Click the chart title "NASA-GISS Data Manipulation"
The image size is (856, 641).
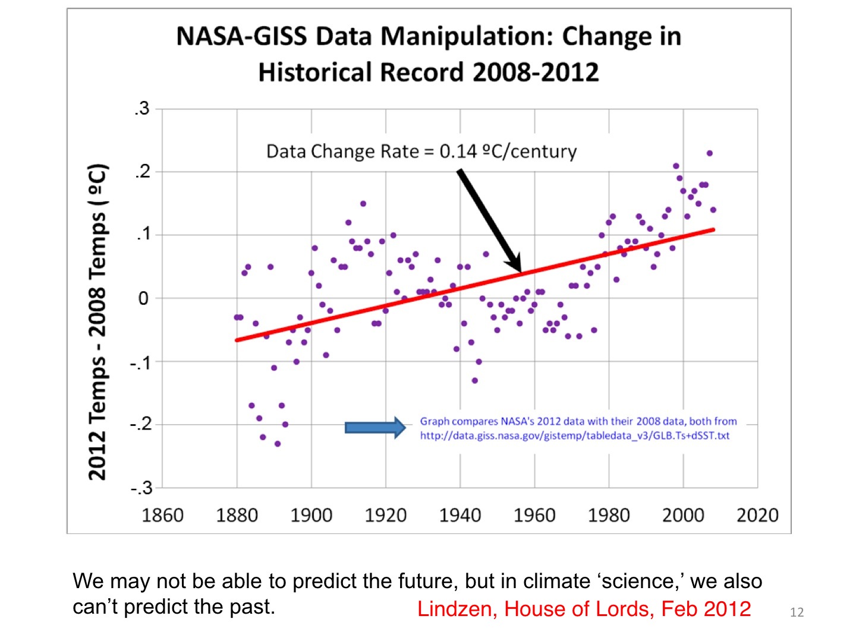(428, 37)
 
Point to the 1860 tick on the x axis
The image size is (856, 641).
(162, 514)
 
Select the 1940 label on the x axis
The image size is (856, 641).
(460, 514)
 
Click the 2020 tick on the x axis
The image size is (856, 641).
(757, 514)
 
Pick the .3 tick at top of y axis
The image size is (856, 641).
(141, 109)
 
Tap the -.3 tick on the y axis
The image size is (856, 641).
(141, 488)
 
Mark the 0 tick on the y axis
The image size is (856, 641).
(143, 298)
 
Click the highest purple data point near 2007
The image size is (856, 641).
(709, 153)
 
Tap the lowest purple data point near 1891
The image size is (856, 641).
(278, 444)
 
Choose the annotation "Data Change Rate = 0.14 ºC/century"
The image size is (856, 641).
(421, 151)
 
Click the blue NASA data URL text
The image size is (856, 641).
(574, 435)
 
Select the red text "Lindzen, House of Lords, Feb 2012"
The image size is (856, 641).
(584, 609)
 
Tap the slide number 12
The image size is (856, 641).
(797, 612)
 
